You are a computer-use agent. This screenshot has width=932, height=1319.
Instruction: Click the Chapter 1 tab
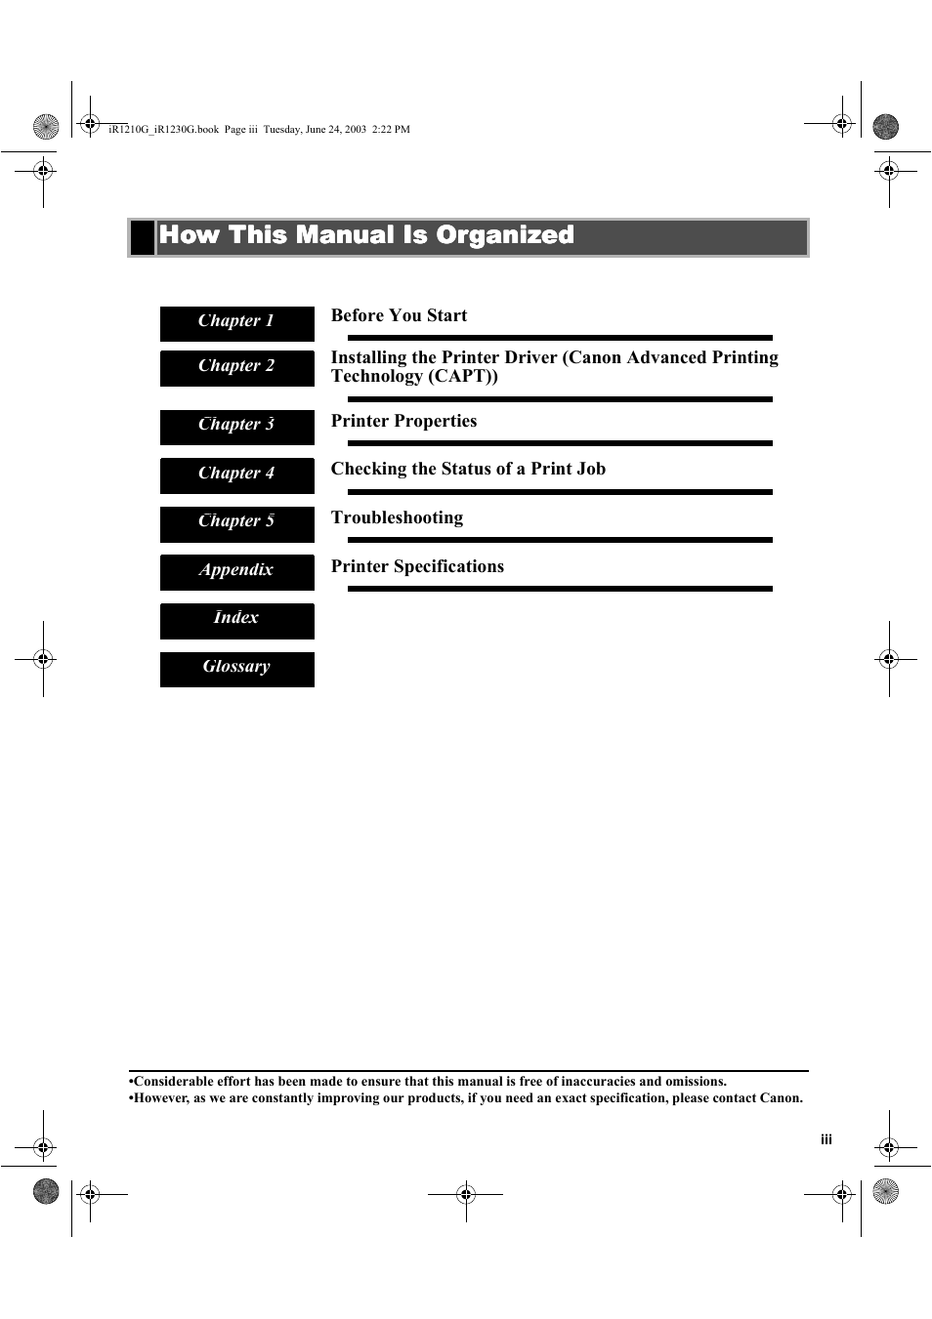(x=236, y=321)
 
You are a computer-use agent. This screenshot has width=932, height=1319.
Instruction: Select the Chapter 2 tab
(x=236, y=366)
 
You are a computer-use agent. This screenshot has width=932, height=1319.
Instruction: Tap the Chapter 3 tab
(x=236, y=425)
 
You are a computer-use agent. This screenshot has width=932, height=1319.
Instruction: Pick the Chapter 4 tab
(x=236, y=474)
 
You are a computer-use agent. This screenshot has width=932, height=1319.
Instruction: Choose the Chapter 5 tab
(x=236, y=521)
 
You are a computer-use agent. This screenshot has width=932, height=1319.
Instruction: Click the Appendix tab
(x=236, y=570)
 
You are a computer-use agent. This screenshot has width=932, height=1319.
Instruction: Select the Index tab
(x=236, y=618)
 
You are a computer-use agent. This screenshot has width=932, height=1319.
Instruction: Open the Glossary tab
(x=236, y=667)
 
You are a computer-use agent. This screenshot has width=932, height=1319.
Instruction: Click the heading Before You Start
(x=399, y=315)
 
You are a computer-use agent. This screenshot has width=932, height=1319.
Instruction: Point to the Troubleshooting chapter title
(x=397, y=517)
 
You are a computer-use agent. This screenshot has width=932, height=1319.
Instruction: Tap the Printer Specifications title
(x=417, y=566)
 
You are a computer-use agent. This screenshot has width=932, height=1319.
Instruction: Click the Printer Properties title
(x=403, y=421)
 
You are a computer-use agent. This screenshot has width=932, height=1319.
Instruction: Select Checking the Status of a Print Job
(x=468, y=469)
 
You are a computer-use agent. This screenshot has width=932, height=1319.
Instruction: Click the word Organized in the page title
(x=504, y=235)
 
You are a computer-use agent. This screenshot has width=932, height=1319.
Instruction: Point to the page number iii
(x=826, y=1139)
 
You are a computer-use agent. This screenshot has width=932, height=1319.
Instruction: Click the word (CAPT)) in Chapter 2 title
(x=463, y=377)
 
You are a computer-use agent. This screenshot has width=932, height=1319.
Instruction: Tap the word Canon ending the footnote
(x=781, y=1098)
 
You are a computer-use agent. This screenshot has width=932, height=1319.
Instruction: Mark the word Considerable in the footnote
(x=168, y=1082)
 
